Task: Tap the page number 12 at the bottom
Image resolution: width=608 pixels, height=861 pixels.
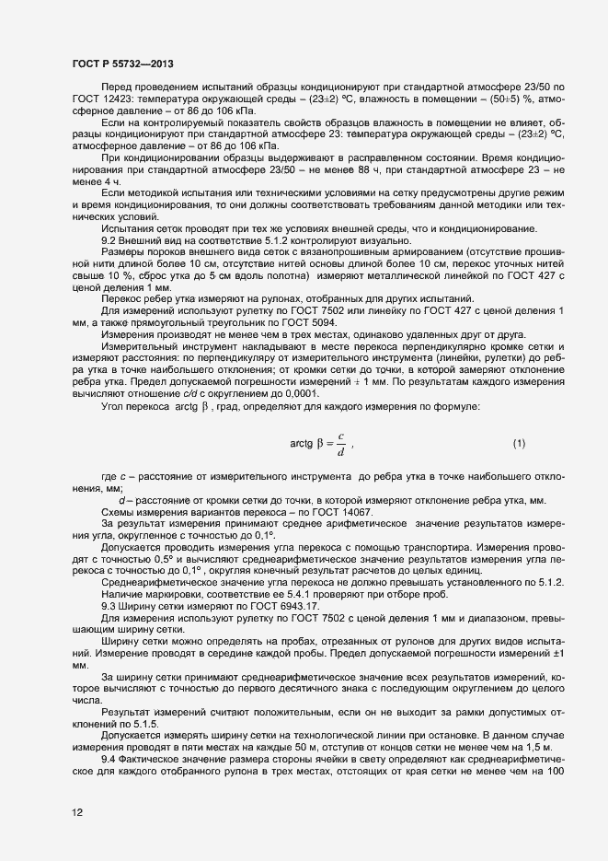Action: pyautogui.click(x=78, y=812)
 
